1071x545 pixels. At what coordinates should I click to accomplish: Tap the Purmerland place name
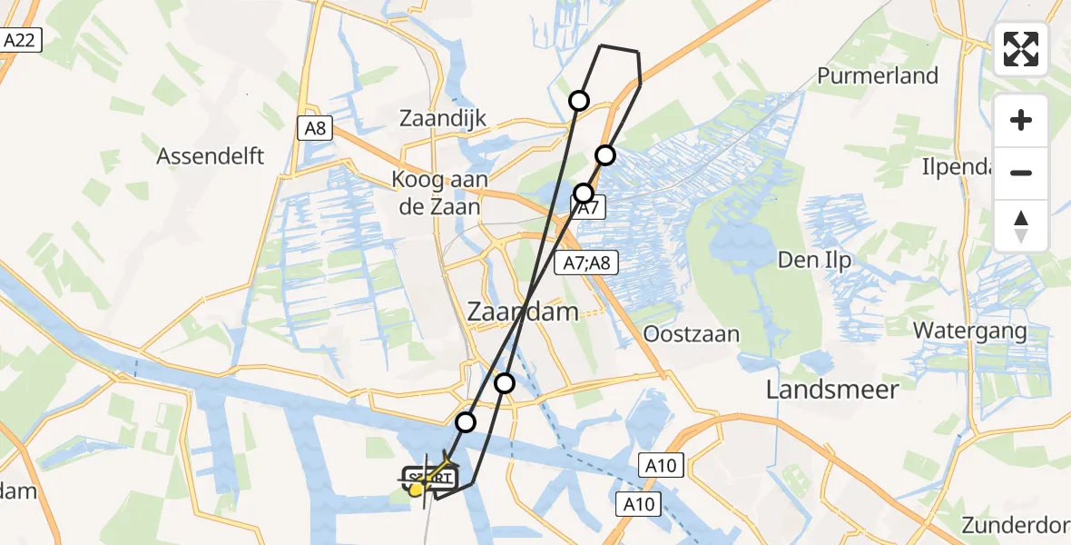coord(877,75)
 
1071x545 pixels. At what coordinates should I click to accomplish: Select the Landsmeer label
coord(831,390)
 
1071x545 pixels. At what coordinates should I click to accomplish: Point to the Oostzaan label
coord(691,333)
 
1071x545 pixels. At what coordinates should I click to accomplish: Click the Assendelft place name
coord(211,155)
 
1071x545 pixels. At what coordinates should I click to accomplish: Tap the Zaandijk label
coord(444,118)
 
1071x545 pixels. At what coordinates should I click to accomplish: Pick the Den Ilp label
coord(814,261)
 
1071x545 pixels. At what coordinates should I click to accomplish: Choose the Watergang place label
coord(969,330)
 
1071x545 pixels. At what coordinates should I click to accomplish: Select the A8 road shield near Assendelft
coord(314,128)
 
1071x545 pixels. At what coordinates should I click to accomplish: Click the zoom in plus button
coord(1021,120)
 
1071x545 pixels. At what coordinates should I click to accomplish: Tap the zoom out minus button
coord(1021,173)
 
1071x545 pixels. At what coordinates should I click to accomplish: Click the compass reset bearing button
coord(1021,225)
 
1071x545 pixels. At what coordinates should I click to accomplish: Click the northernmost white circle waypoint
coord(578,101)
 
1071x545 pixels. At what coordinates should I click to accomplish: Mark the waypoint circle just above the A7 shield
coord(584,193)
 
